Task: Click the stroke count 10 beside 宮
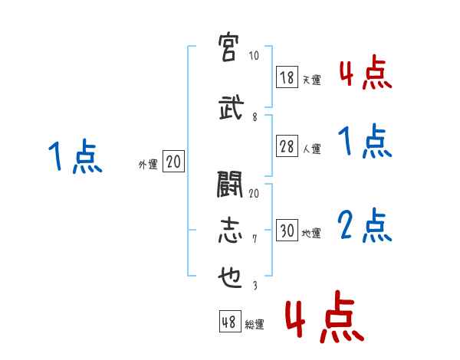254,57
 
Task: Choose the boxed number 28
287,148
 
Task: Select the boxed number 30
287,231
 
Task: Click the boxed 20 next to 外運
173,162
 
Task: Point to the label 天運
311,80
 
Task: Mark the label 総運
254,325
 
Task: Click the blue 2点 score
364,226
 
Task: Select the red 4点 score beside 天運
364,74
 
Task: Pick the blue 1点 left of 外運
74,157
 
